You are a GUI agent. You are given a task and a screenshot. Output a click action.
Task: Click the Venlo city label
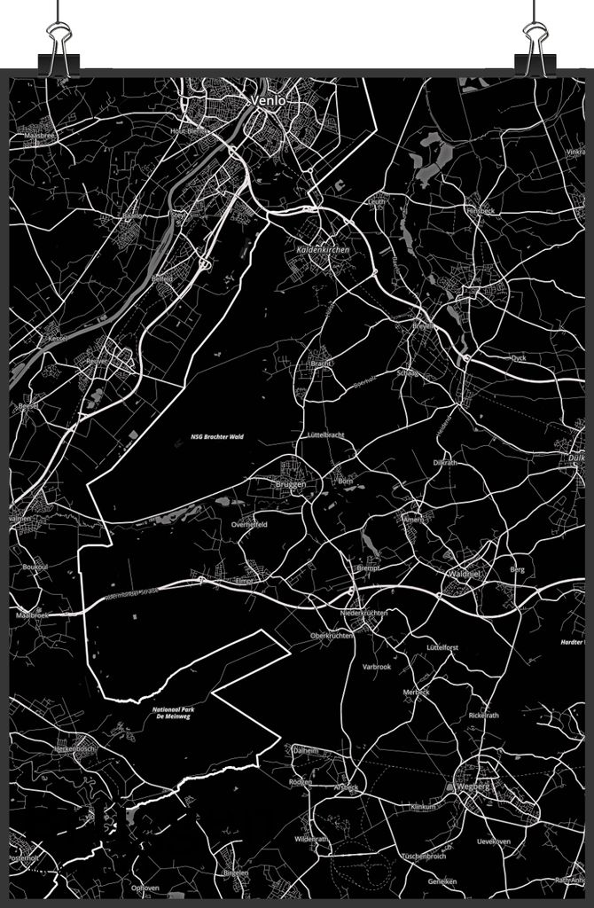click(x=269, y=101)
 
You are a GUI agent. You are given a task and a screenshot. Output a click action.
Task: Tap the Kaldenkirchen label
click(x=323, y=251)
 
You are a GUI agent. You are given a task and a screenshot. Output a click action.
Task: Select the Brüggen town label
click(x=290, y=484)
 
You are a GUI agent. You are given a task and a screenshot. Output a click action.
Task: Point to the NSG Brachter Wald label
click(x=216, y=437)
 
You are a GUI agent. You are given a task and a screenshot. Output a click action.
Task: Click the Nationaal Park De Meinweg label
click(x=173, y=713)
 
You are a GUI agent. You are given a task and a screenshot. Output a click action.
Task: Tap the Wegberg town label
click(x=472, y=787)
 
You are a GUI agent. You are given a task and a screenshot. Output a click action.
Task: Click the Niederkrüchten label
click(x=363, y=613)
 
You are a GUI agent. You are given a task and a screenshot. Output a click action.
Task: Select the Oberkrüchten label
click(x=332, y=635)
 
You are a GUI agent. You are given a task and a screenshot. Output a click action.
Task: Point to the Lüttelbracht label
click(x=325, y=435)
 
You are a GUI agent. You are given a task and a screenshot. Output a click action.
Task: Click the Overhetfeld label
click(x=249, y=525)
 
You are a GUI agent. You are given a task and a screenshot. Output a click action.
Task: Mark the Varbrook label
click(x=376, y=666)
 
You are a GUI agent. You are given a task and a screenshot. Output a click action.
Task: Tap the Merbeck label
click(x=416, y=692)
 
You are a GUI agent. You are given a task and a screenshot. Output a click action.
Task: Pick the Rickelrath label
click(x=484, y=715)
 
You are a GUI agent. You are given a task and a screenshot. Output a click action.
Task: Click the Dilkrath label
click(x=445, y=463)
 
